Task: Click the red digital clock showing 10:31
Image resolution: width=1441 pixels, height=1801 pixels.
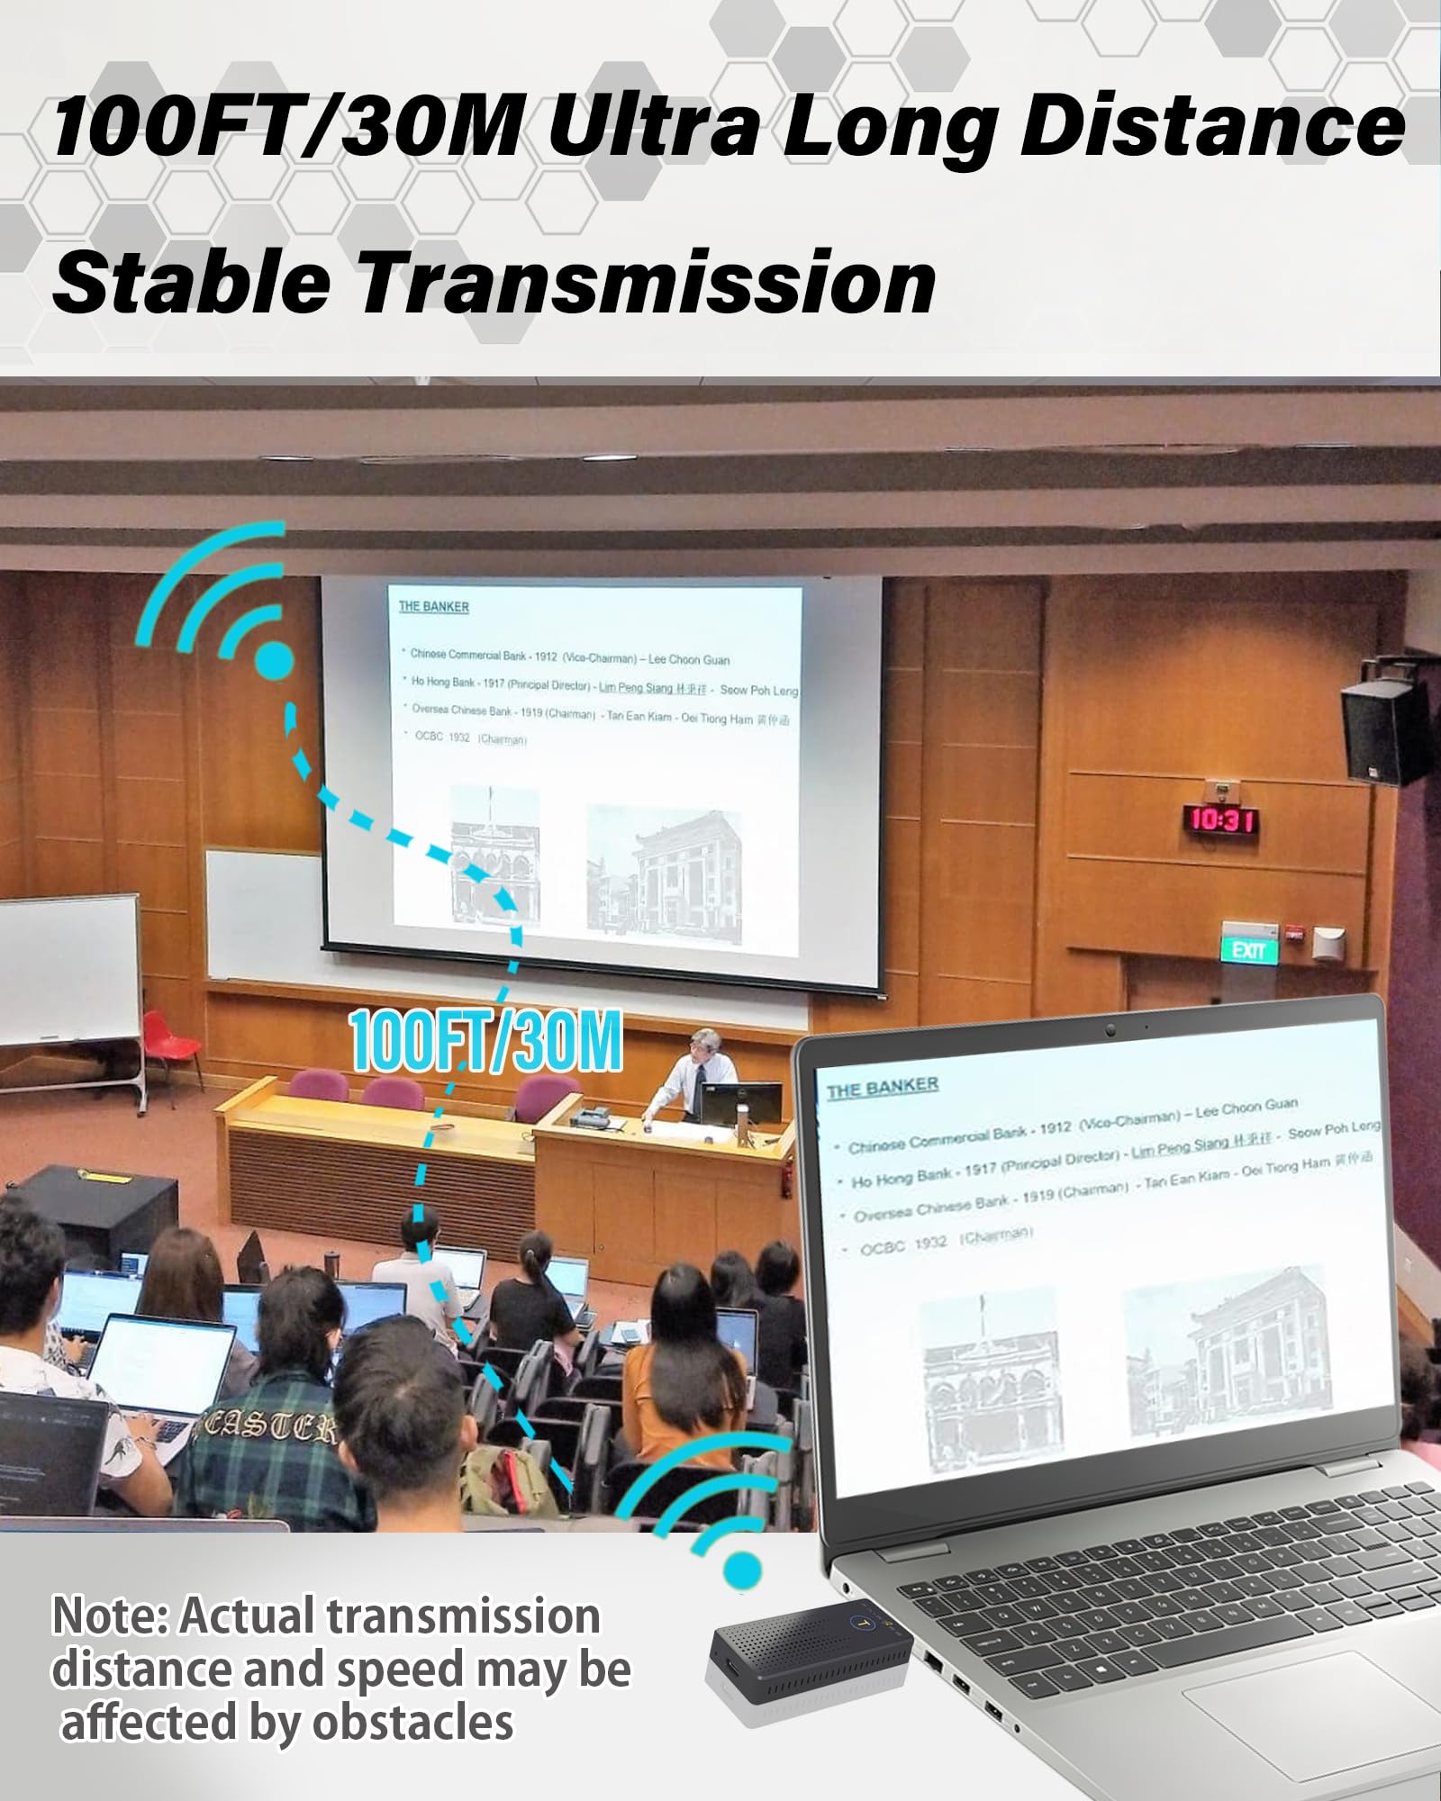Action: (x=1221, y=819)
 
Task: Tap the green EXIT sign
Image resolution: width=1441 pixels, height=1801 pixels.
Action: (x=1249, y=950)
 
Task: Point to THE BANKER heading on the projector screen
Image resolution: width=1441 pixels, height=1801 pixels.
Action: (x=434, y=607)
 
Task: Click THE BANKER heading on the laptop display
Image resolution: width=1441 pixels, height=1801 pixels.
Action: (x=883, y=1088)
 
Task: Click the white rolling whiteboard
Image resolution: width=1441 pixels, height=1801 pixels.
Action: (x=68, y=968)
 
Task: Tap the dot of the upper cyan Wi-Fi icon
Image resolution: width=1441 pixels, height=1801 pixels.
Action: (x=273, y=661)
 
